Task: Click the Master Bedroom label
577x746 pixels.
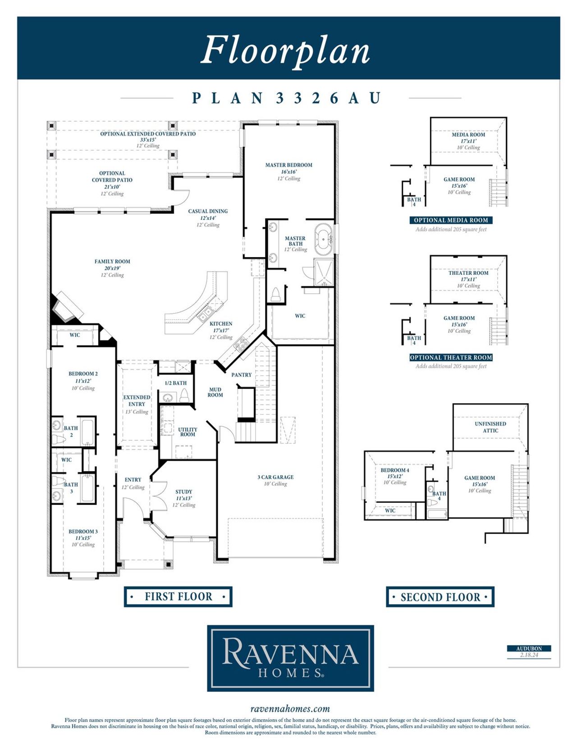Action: coord(288,165)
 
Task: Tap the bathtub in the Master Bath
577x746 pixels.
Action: coord(324,239)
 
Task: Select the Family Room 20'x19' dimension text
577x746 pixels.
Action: coord(112,268)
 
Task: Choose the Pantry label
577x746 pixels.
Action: coord(241,375)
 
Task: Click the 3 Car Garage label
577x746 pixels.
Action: coord(275,477)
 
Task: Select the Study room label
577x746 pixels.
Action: coord(183,492)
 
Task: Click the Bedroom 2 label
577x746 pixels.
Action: coord(83,374)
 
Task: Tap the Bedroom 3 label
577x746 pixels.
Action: coord(83,532)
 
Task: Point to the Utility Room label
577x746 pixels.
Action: coord(188,432)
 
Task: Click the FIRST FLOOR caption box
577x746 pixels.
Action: coord(178,597)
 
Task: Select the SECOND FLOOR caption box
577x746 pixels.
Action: coord(440,597)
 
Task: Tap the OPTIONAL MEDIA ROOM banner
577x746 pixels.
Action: coord(451,220)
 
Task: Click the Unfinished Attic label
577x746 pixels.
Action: coord(490,427)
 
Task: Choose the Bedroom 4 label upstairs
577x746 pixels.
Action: coord(395,470)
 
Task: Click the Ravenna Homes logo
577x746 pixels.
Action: coord(290,658)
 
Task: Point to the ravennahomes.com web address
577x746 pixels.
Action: coord(290,709)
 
